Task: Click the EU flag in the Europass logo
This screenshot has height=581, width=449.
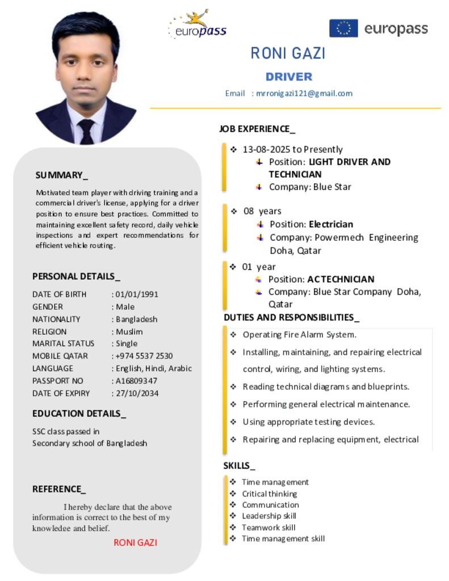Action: (343, 28)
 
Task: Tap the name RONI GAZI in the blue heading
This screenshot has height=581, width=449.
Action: (288, 53)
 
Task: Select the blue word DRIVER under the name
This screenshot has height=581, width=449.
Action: (289, 77)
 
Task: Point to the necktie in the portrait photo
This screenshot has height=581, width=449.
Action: (86, 130)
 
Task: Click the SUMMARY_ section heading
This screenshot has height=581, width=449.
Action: (62, 175)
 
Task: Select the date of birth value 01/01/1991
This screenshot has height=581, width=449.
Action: (137, 294)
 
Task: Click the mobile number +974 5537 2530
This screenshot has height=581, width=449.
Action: (144, 356)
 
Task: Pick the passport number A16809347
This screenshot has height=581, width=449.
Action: (136, 381)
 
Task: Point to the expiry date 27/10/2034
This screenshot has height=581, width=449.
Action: (137, 393)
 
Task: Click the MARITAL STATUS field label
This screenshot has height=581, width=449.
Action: (64, 343)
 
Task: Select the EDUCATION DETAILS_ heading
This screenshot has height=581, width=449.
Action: (79, 414)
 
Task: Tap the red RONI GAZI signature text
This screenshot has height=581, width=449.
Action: (135, 542)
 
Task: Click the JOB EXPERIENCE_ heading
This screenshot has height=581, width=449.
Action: (257, 129)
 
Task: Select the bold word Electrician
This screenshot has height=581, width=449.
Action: (331, 224)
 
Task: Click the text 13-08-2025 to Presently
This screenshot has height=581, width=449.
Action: (292, 149)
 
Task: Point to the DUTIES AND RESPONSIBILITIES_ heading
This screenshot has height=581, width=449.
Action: (291, 317)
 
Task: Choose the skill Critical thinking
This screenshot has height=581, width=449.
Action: (270, 494)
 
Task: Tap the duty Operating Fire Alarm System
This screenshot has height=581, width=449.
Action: (299, 335)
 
